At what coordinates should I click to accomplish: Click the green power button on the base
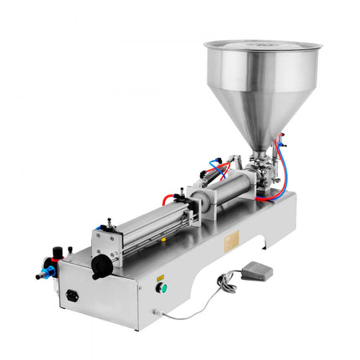[x=163, y=287]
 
